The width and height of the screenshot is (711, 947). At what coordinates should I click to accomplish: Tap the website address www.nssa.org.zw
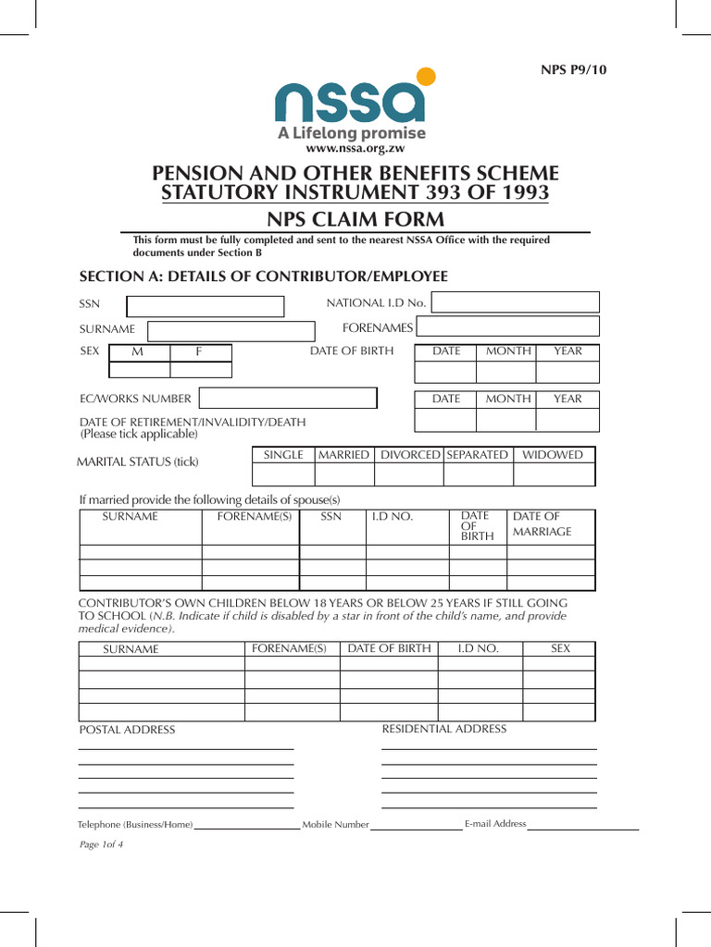(355, 148)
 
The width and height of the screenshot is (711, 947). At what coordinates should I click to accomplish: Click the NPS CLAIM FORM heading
(355, 219)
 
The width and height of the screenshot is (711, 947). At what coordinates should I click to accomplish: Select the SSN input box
(205, 306)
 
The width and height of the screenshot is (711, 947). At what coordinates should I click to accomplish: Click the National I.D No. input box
(516, 302)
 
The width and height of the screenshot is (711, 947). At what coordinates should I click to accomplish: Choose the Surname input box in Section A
(231, 331)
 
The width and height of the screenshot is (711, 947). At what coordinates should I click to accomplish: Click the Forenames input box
(507, 327)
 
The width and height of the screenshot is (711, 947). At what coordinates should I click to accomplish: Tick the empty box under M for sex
(140, 370)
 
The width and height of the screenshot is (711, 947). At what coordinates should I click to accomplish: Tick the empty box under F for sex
(201, 370)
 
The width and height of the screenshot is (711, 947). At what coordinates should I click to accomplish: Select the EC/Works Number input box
(288, 399)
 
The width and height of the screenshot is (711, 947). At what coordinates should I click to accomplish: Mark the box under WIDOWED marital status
(554, 474)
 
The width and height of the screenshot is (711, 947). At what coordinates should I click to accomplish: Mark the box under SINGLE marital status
(283, 474)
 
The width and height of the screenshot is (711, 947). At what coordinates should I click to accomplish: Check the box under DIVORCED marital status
(409, 474)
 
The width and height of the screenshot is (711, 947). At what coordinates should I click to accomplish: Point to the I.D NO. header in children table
(479, 649)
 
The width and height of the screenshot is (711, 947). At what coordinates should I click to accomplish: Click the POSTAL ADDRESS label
(127, 731)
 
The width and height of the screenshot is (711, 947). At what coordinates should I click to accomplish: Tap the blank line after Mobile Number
(417, 825)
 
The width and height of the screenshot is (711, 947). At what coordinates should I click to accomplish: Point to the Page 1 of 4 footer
(101, 844)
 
